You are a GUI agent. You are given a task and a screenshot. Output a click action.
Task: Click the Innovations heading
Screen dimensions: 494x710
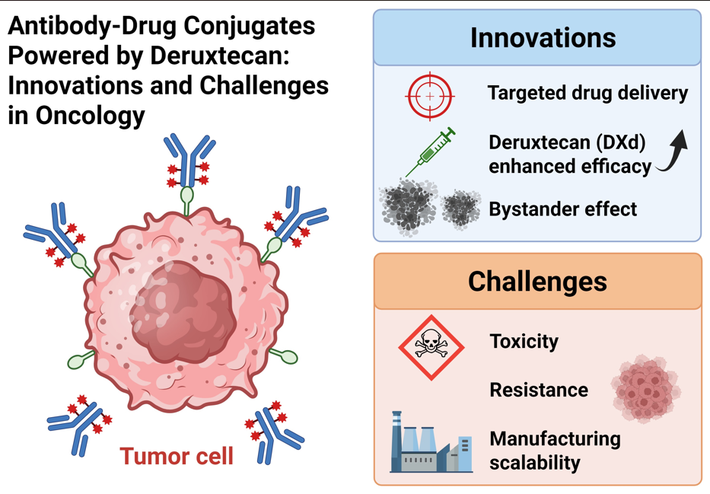tap(542, 37)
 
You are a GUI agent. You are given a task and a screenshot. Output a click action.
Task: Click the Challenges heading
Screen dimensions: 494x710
tap(537, 281)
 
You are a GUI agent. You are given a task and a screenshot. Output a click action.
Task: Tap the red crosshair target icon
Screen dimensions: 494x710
tap(431, 97)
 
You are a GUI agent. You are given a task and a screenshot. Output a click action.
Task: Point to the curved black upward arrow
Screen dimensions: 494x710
tap(675, 151)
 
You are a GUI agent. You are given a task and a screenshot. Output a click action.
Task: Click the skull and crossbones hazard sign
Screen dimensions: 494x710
tap(431, 347)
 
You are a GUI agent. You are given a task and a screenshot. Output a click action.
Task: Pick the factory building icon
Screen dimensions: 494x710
tap(430, 443)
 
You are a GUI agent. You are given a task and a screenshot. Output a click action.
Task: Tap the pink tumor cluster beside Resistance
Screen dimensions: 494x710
tap(645, 389)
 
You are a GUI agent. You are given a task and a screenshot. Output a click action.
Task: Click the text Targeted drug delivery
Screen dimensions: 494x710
tap(587, 94)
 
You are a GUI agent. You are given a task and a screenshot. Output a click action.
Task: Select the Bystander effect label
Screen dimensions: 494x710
tap(562, 209)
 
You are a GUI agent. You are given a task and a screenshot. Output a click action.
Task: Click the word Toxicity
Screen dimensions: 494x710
tap(524, 341)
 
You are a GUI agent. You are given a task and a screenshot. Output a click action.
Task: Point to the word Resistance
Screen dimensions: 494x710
tap(539, 390)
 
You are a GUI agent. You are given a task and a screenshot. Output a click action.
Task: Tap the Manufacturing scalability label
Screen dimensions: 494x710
tap(555, 451)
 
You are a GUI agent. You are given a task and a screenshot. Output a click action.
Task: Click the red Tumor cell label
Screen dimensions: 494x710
tap(177, 457)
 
